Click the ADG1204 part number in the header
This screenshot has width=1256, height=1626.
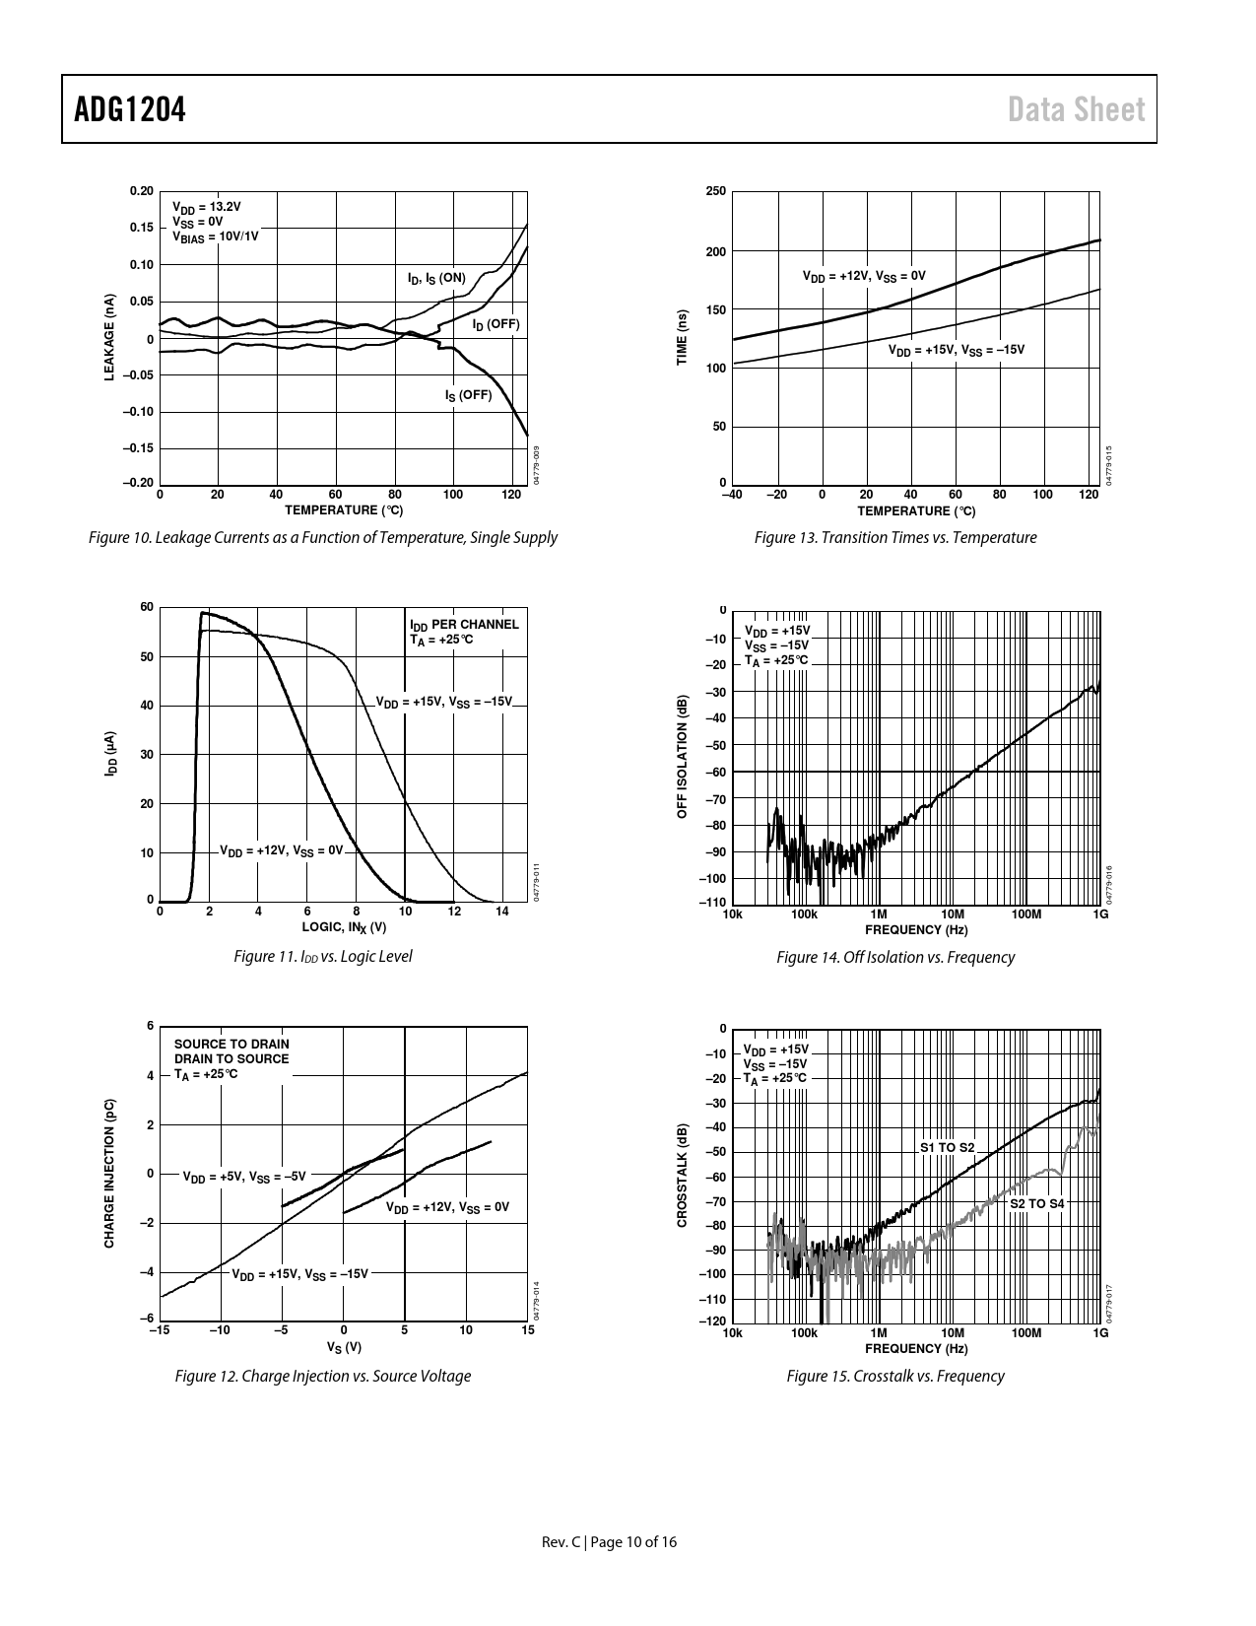click(130, 109)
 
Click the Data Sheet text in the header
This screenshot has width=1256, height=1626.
click(1077, 109)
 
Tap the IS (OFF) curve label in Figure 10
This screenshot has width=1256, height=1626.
click(468, 395)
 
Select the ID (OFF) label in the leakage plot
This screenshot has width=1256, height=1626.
click(495, 324)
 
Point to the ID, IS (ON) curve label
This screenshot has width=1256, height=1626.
click(436, 279)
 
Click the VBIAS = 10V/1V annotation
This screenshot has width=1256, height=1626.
click(216, 236)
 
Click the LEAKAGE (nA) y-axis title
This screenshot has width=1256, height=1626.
click(111, 337)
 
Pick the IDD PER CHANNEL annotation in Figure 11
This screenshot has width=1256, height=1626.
click(464, 624)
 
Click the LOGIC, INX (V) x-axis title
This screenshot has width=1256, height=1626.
click(344, 927)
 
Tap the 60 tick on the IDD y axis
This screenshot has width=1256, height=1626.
click(147, 607)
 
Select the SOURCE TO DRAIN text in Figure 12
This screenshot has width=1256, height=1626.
click(231, 1044)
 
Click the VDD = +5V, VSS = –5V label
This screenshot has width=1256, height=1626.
click(244, 1177)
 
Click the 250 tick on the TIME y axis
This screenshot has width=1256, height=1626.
click(716, 191)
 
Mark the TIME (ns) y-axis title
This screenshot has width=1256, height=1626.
click(682, 338)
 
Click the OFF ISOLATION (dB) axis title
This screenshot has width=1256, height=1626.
click(681, 757)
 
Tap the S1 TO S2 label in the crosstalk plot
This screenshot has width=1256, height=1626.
click(947, 1148)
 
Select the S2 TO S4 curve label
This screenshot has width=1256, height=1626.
click(1036, 1203)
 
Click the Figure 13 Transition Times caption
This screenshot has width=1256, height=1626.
click(894, 538)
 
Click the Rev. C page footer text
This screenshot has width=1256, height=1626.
click(610, 1542)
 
